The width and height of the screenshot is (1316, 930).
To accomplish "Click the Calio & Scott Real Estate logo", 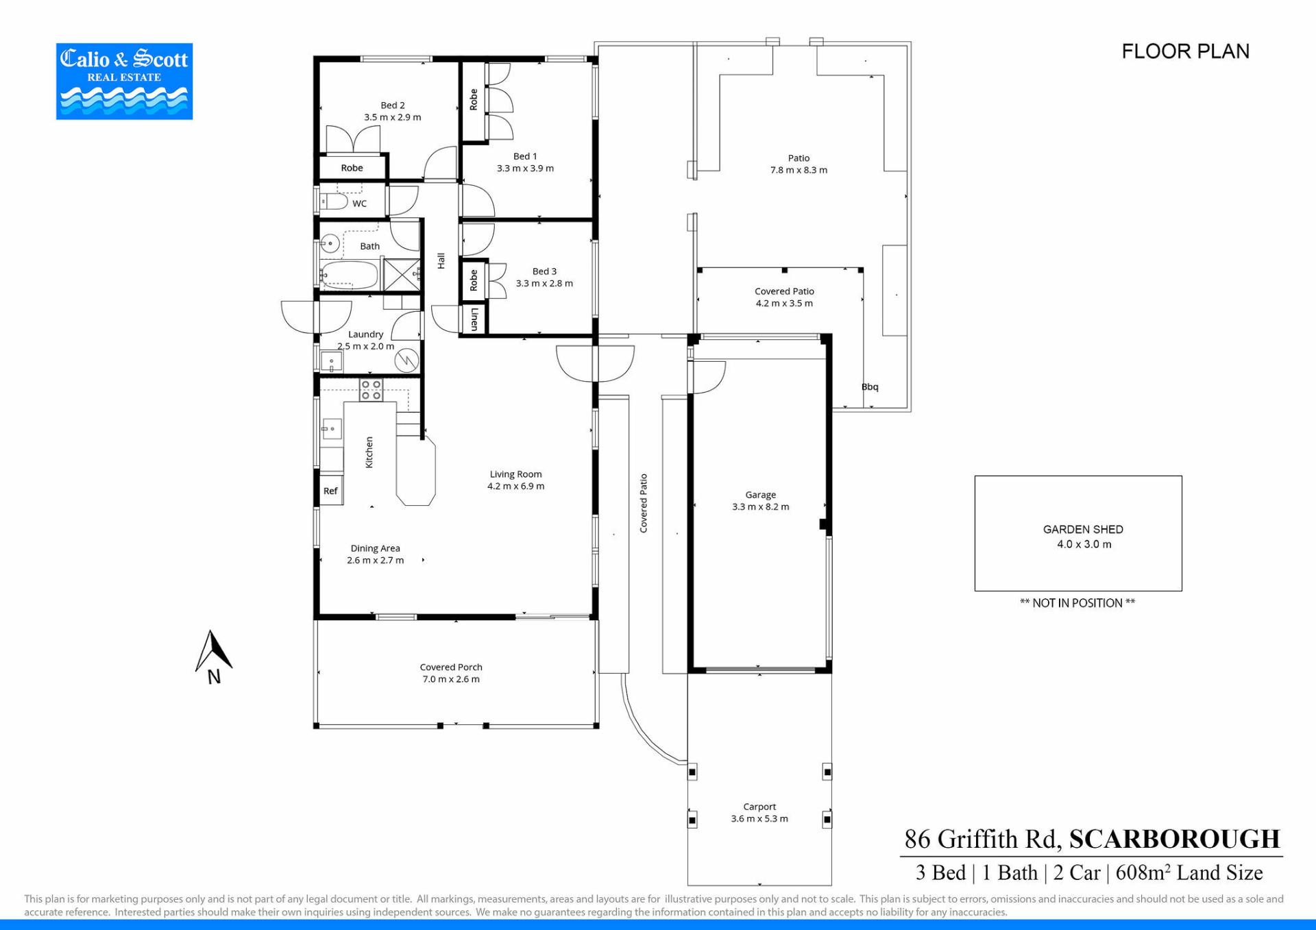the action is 124,82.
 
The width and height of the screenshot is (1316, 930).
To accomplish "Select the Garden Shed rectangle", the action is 1078,533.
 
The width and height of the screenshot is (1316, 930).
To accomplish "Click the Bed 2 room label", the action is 393,106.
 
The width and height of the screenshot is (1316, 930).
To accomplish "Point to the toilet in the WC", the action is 334,201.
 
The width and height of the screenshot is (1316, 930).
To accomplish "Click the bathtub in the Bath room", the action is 350,275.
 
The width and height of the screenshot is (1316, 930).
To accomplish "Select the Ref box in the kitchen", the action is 331,490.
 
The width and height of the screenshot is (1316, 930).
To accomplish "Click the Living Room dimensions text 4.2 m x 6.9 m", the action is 516,487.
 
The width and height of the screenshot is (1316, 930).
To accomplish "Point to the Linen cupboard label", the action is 474,319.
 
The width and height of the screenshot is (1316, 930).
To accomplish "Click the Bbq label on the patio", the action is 870,387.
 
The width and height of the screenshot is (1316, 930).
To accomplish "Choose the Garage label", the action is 761,495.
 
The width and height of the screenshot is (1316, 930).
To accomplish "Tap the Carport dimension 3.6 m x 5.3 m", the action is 759,819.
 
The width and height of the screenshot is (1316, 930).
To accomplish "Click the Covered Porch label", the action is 451,668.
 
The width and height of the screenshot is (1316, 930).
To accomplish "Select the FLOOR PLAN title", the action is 1186,51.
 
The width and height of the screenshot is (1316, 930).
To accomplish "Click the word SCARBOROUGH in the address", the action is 1175,840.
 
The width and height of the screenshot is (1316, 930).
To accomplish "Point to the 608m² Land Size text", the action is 1189,872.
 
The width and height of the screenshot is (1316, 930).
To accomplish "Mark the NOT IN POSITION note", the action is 1077,603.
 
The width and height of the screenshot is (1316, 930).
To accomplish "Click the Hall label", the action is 441,261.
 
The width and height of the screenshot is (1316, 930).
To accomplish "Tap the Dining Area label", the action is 376,548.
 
